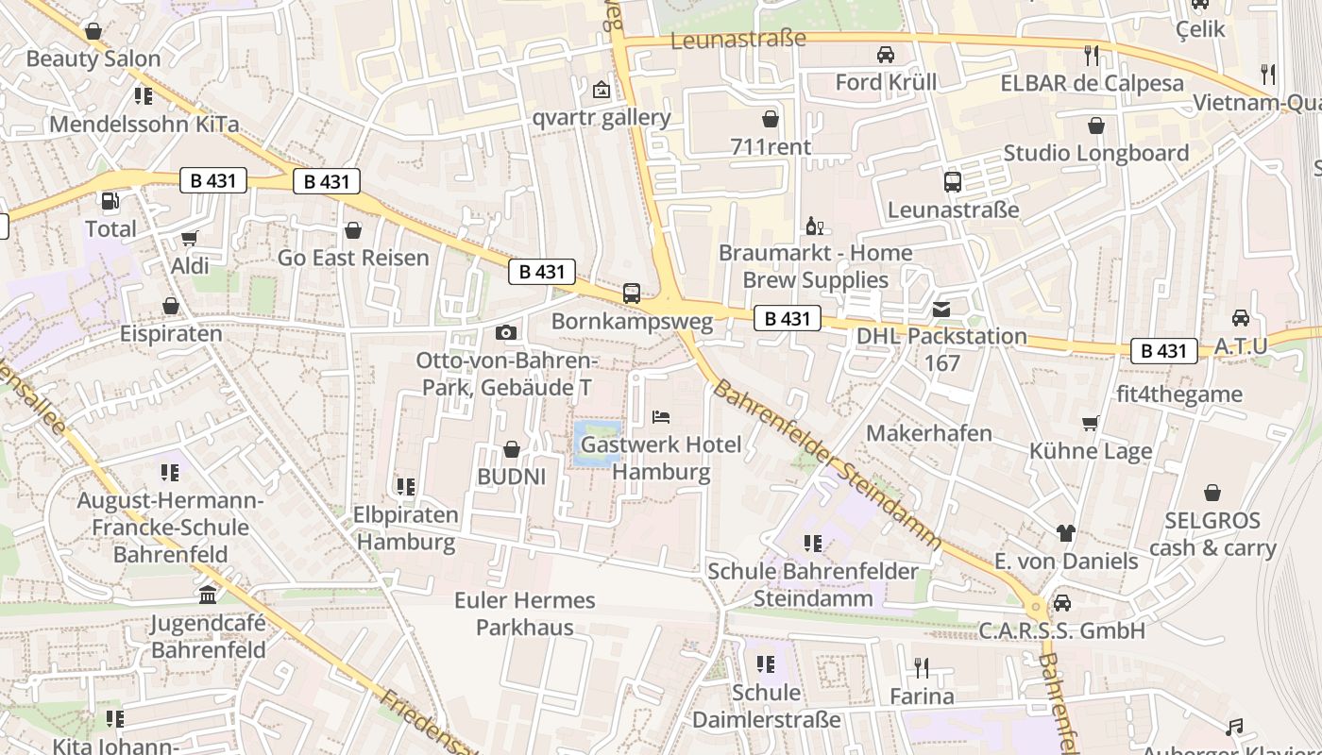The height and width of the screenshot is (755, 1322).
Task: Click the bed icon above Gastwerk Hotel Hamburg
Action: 661,416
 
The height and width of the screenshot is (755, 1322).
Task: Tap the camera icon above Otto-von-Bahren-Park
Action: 506,332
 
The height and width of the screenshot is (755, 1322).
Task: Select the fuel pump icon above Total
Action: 110,201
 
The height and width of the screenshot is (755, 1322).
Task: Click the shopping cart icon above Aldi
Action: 189,239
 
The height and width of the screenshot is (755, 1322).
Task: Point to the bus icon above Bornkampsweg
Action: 632,294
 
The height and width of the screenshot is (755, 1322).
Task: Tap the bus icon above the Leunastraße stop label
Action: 952,182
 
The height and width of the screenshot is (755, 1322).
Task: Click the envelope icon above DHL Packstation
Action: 941,309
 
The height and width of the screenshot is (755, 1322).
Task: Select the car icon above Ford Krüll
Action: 886,55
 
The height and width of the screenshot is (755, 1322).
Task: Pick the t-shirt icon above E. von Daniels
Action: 1066,533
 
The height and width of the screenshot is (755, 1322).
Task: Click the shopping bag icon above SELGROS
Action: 1212,493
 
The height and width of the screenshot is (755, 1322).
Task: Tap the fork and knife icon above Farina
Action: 922,668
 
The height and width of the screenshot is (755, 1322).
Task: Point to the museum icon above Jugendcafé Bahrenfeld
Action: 208,595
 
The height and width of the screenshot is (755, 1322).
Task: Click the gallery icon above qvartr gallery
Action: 601,90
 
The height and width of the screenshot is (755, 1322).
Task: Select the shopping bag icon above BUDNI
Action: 511,449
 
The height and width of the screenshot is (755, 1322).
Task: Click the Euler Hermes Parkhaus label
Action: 524,613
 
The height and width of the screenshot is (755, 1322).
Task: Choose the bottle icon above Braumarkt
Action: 814,226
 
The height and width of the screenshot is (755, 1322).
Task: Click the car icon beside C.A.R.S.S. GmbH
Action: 1062,602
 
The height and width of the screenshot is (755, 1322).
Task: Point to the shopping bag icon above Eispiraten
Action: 171,306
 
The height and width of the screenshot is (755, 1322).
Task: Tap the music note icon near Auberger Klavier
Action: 1233,728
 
